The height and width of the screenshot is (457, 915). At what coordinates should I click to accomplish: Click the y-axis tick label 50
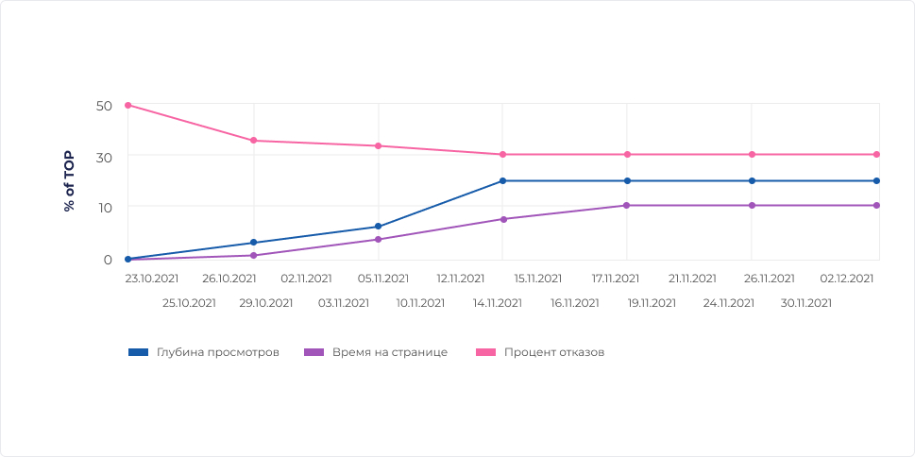104,105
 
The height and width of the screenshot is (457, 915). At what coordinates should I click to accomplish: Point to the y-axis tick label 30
104,157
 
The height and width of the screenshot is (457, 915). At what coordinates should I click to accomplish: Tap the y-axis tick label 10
104,208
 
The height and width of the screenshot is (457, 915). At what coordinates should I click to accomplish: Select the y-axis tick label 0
108,260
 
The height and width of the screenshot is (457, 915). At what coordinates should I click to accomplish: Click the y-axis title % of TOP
69,181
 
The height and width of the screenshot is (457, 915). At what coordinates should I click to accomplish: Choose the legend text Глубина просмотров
217,352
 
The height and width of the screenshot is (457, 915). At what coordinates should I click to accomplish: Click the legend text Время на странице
389,352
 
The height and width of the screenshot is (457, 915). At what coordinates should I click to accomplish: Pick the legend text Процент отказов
553,352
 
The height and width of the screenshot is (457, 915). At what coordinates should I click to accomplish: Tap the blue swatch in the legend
138,352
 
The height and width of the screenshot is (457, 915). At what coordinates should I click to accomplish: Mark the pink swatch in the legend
485,352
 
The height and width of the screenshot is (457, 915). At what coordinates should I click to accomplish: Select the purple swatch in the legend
313,352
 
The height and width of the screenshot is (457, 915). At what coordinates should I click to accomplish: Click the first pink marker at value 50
128,105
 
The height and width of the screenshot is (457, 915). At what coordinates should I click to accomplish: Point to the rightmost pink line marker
876,154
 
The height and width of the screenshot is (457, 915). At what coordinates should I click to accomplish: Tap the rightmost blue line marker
876,180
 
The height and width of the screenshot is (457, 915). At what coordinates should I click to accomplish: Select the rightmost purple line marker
876,205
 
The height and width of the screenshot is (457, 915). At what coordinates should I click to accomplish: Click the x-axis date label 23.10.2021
151,279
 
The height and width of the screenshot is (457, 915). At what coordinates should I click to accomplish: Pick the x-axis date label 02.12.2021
847,279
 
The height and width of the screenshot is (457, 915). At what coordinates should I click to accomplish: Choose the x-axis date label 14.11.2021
498,303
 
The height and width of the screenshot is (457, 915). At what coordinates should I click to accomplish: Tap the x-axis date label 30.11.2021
806,303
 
